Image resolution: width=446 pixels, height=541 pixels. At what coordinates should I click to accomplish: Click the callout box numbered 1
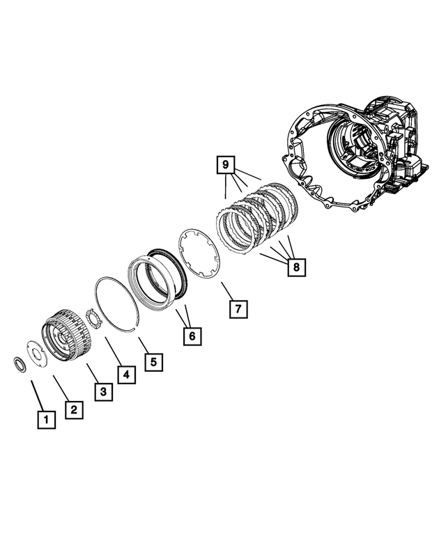coord(45,419)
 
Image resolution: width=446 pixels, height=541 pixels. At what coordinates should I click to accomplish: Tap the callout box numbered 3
coord(102,393)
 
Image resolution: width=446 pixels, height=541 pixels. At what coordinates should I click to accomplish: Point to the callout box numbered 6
coord(193,336)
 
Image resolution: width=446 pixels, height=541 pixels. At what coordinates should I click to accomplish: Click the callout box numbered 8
coord(295,267)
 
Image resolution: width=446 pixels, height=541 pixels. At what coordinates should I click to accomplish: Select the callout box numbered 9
coord(225,165)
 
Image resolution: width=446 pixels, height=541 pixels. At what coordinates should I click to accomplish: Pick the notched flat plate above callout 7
coord(198,253)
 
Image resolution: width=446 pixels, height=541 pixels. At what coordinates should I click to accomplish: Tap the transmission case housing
coord(355,153)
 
